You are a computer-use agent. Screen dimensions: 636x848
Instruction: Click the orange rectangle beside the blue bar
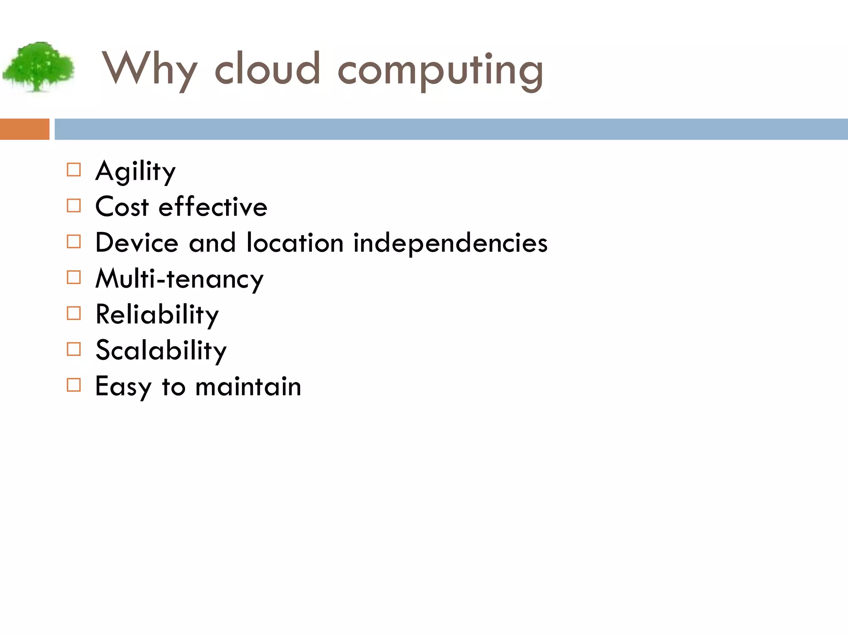coord(24,129)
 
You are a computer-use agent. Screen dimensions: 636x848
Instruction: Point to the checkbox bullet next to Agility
coord(74,170)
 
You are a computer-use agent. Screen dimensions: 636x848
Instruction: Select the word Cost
coord(122,206)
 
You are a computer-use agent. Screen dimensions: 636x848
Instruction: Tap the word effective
coord(213,206)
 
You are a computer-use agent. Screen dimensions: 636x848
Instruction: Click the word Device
coord(137,242)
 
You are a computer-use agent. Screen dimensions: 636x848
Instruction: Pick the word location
coord(295,242)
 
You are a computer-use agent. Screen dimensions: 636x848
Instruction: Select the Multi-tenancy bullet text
coord(179,279)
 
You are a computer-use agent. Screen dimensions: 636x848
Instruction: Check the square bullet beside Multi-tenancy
coord(74,277)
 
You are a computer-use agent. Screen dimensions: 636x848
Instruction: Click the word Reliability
coord(157,315)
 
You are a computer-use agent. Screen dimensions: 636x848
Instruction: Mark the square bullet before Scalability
coord(74,349)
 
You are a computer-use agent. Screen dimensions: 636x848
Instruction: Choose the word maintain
coord(248,386)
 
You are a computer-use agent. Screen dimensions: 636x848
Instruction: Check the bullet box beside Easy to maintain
coord(74,385)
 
